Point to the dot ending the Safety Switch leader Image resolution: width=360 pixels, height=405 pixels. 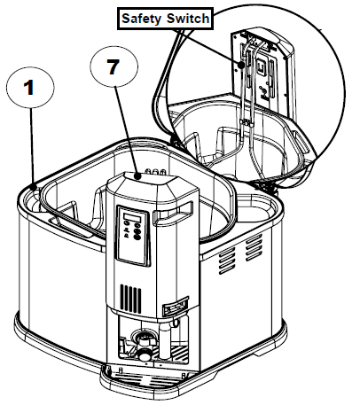pos(241,64)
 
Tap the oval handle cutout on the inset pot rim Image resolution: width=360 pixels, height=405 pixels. pos(302,142)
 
